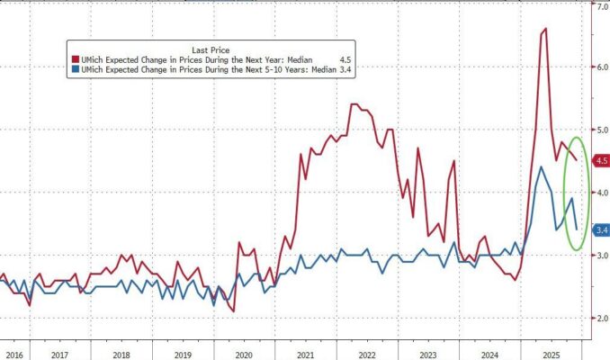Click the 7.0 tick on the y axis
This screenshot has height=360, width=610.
598,7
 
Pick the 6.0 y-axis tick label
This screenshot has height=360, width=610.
598,67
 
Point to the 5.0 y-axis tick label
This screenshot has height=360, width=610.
598,130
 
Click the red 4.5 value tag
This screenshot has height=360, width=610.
598,161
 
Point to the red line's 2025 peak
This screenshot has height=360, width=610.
545,30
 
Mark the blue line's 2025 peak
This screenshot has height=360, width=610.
541,166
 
